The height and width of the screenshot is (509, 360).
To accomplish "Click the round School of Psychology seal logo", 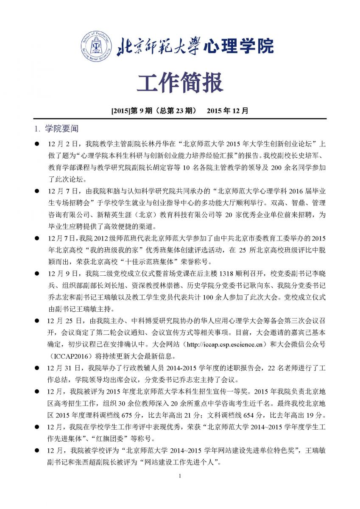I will click(x=98, y=46).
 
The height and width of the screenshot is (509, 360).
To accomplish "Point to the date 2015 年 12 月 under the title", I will click(x=227, y=111).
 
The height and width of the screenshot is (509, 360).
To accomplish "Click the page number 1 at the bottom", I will click(x=180, y=487).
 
